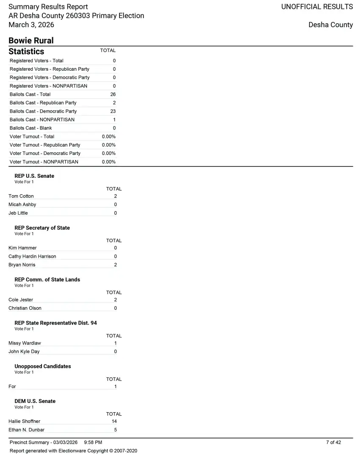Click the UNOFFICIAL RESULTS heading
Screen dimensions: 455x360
click(317, 7)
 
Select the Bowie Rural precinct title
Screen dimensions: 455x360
click(31, 41)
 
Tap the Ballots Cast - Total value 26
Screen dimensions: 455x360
click(113, 94)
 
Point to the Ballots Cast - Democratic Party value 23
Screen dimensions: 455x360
click(113, 111)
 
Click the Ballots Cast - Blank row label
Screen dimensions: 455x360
click(31, 128)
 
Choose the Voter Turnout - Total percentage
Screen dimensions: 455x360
click(109, 137)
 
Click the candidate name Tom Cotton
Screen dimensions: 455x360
click(21, 196)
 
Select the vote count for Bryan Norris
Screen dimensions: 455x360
click(115, 265)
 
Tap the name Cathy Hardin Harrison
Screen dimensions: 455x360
click(32, 256)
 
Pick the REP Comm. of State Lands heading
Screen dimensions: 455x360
click(47, 280)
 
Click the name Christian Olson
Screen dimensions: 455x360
click(25, 308)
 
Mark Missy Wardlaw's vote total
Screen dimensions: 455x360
click(115, 343)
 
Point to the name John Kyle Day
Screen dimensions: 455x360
click(24, 352)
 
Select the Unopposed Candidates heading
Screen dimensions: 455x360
click(43, 367)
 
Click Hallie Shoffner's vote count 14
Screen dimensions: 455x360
click(114, 422)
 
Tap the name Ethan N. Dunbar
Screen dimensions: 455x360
click(26, 430)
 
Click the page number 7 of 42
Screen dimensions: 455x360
click(333, 443)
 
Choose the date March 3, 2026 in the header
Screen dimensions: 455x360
click(31, 25)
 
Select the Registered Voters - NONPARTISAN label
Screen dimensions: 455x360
click(49, 86)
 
